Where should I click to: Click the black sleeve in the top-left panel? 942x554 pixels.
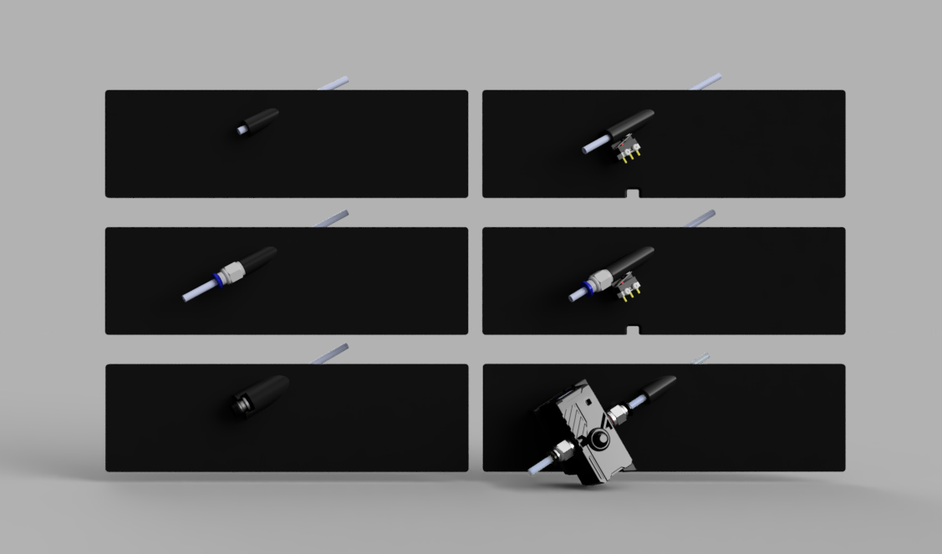pos(261,121)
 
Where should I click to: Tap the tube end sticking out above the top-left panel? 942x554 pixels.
pos(334,84)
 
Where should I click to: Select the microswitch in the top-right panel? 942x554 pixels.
pos(627,149)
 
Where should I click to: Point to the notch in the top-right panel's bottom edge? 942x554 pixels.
pos(633,194)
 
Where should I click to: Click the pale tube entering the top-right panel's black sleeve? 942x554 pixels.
pos(595,145)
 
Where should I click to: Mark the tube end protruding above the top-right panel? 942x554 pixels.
pos(707,82)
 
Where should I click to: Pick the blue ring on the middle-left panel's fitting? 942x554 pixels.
pos(219,280)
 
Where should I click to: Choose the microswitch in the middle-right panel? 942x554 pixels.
pos(627,286)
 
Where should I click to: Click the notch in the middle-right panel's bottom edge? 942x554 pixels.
pos(633,330)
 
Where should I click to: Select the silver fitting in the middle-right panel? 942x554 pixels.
pos(600,279)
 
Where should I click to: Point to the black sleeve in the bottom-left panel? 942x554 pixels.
pos(262,394)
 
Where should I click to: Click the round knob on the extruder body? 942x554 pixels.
pos(602,439)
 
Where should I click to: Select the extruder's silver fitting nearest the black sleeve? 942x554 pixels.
pos(619,411)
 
